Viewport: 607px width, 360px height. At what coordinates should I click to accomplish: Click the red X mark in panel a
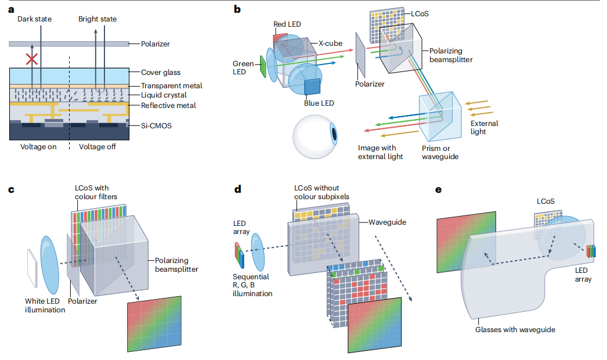32,59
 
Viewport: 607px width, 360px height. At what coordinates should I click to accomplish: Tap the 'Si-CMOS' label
156,125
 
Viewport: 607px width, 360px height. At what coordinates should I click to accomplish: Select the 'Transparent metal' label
172,85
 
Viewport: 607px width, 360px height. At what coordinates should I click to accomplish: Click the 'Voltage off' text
97,146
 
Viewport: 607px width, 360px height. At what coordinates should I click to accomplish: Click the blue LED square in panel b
312,87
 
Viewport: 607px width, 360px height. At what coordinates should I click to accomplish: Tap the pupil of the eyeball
333,134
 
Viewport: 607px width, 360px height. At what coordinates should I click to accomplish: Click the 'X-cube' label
330,44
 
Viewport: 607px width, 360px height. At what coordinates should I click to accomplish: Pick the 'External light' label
484,128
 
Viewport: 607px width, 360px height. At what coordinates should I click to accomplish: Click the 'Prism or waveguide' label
440,152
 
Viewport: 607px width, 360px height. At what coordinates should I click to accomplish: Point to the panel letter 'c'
11,189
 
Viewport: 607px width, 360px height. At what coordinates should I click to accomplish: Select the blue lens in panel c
49,265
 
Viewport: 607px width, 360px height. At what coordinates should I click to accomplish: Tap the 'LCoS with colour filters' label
96,192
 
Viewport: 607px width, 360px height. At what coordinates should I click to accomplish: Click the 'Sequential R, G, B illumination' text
252,285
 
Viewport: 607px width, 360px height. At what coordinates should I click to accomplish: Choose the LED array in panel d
240,255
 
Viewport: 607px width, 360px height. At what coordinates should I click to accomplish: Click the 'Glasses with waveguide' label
515,329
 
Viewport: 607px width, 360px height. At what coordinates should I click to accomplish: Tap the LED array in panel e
591,251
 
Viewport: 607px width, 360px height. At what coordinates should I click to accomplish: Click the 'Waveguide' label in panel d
387,222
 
